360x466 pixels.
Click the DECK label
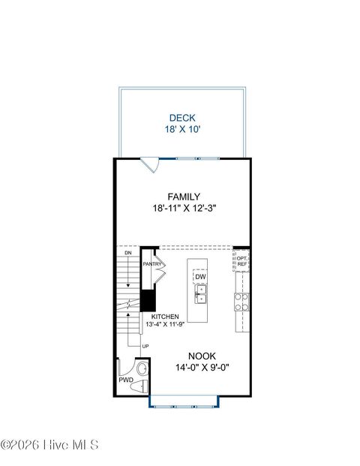[x=183, y=117]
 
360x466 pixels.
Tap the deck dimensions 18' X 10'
[x=183, y=129]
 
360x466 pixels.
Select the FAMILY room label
[x=183, y=197]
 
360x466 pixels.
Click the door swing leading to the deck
[x=150, y=163]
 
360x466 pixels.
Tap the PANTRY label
[x=153, y=264]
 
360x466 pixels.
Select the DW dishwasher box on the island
[x=200, y=277]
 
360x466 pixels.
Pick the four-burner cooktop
[x=242, y=302]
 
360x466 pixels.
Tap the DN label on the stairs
[x=127, y=254]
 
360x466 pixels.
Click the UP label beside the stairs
[x=145, y=345]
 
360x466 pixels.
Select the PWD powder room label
[x=126, y=380]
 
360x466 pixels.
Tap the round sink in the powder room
[x=124, y=368]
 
